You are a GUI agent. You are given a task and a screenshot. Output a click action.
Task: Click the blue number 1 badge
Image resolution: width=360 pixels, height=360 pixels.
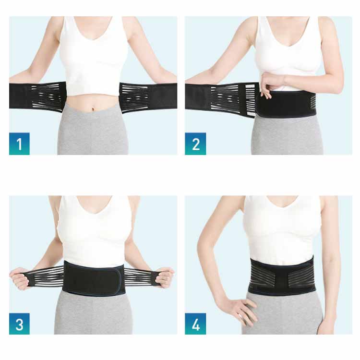coord(19,144)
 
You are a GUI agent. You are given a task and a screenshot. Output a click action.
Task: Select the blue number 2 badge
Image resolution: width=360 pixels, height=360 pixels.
coord(195,144)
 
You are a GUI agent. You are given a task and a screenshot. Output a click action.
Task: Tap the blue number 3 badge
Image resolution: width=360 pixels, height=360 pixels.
coord(19,324)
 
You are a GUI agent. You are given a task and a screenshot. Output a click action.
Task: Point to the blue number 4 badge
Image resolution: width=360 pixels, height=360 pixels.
coord(195,324)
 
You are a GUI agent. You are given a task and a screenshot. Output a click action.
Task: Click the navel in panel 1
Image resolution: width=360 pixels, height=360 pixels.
coord(93,109)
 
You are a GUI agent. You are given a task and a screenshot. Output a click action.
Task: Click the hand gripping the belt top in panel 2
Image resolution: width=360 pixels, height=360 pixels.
coord(268,84)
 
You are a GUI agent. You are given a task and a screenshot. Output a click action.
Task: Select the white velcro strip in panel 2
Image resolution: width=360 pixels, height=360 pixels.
coord(251,100)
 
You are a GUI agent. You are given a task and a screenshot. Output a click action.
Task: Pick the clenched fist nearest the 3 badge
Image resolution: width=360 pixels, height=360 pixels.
coord(19,278)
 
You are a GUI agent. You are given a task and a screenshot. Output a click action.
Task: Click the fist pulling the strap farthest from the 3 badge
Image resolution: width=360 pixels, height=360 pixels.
coord(165,278)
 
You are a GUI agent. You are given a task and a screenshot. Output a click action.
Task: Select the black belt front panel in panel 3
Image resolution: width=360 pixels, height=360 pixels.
coord(93,278)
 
